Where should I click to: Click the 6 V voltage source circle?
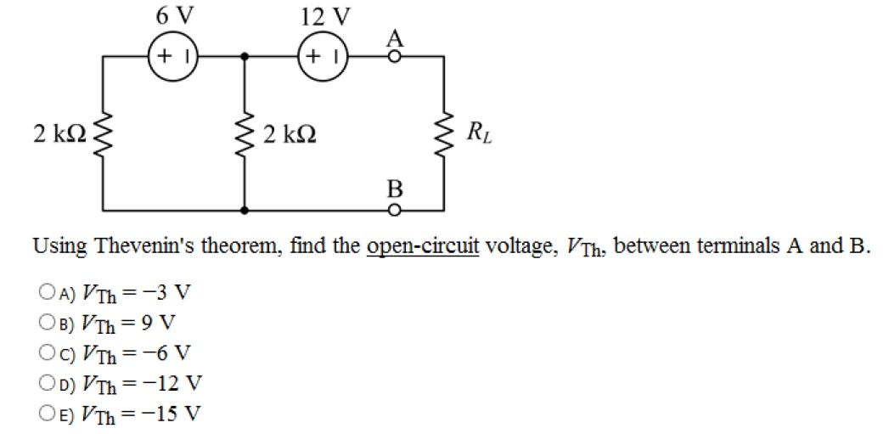tap(173, 57)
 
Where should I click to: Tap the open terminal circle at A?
tap(394, 57)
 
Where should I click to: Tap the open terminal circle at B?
tap(394, 209)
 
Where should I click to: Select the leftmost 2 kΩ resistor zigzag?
tap(104, 134)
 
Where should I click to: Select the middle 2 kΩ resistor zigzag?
tap(245, 134)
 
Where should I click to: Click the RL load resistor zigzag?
tap(443, 134)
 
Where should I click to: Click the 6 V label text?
tap(172, 14)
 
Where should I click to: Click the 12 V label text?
tap(324, 14)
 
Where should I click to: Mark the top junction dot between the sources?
tap(245, 57)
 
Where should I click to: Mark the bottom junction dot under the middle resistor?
tap(245, 209)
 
